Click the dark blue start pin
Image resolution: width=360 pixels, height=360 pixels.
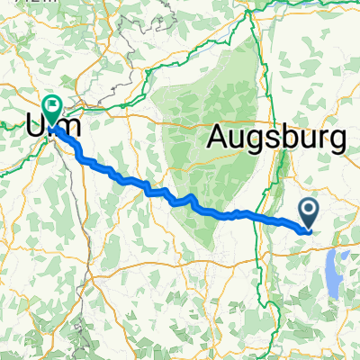pos(308,214)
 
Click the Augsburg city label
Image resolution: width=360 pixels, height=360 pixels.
pos(277,139)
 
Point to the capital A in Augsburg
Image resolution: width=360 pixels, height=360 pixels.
pos(221,137)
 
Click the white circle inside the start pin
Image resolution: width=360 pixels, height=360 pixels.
pos(308,211)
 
